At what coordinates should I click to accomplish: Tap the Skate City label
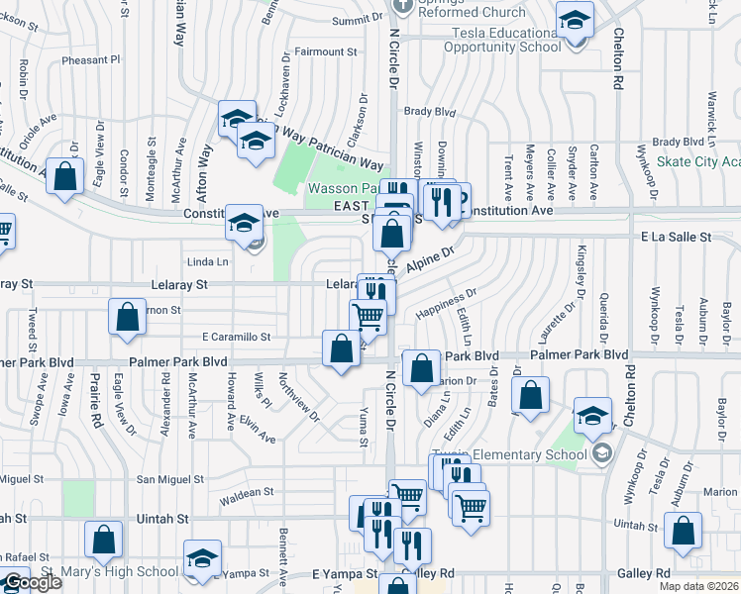pyautogui.click(x=698, y=161)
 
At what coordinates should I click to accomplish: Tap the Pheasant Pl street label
pyautogui.click(x=90, y=59)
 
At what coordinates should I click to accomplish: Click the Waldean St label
pyautogui.click(x=247, y=492)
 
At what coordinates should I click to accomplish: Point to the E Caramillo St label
pyautogui.click(x=236, y=337)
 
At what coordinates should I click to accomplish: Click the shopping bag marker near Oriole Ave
pyautogui.click(x=64, y=178)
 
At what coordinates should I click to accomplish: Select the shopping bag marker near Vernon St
pyautogui.click(x=128, y=317)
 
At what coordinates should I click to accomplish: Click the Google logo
pyautogui.click(x=33, y=583)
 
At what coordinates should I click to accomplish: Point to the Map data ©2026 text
pyautogui.click(x=698, y=586)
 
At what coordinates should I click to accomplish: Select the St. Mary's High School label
pyautogui.click(x=94, y=571)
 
